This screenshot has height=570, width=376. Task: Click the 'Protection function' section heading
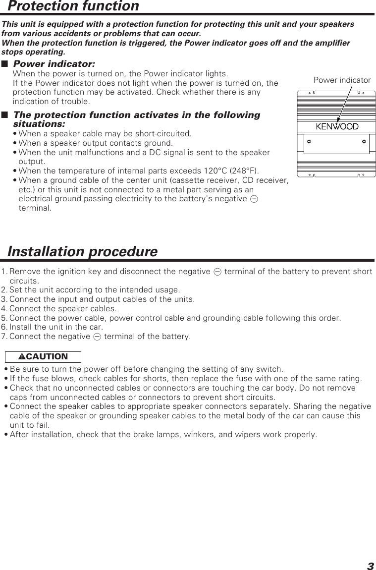(x=73, y=6)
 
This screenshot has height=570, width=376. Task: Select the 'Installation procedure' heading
(x=82, y=252)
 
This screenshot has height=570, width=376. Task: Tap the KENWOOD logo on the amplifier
(x=337, y=127)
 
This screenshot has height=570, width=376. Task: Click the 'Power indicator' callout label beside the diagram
(x=342, y=80)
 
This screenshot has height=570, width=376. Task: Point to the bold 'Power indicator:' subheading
(x=54, y=64)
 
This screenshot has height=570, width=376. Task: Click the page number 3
(x=370, y=566)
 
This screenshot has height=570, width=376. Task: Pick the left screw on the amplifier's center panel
(x=308, y=141)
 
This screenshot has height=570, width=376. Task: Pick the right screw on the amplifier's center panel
(x=364, y=141)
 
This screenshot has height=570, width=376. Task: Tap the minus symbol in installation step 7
(x=97, y=337)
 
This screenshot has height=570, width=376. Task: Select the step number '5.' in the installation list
(x=4, y=318)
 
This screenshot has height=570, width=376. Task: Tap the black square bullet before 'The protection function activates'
(x=5, y=115)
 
